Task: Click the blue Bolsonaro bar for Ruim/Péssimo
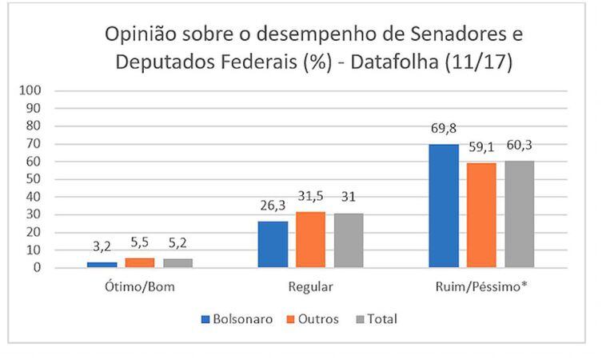click(x=444, y=206)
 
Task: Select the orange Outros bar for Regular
click(x=311, y=239)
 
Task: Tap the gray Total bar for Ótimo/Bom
click(x=178, y=262)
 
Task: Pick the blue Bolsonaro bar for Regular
click(x=273, y=244)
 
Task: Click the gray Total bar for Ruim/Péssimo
click(x=519, y=214)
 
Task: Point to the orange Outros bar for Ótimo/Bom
click(x=141, y=262)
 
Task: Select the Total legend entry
click(x=376, y=319)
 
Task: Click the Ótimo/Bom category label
click(x=141, y=286)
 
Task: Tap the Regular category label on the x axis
click(x=311, y=286)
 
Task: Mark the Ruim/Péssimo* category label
click(x=481, y=286)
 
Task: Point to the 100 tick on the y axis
click(x=30, y=90)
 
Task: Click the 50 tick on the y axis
click(x=34, y=178)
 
